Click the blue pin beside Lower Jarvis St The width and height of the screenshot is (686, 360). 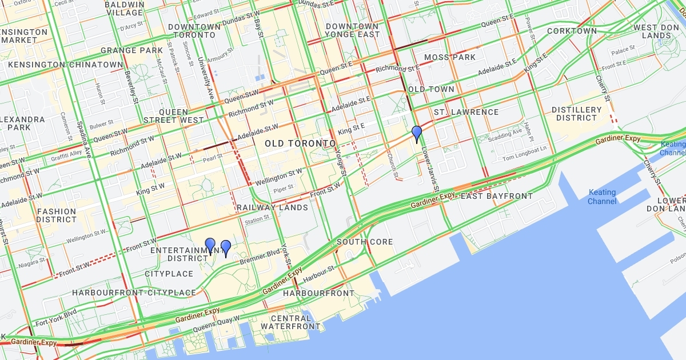click(x=417, y=134)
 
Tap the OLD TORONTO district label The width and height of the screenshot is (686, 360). click(x=300, y=143)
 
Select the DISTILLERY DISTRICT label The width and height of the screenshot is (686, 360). click(x=577, y=114)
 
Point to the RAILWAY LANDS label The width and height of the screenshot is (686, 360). click(x=272, y=207)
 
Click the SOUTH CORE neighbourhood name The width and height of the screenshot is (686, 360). click(x=365, y=242)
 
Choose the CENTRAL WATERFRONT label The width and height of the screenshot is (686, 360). click(x=291, y=322)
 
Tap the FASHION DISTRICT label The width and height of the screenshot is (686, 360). click(x=56, y=215)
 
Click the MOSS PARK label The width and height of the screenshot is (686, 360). click(x=450, y=57)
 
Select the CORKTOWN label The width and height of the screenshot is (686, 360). click(x=572, y=31)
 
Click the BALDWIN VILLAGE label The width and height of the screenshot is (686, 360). click(x=124, y=9)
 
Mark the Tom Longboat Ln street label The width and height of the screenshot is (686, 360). click(x=525, y=149)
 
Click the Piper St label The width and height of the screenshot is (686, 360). click(x=283, y=187)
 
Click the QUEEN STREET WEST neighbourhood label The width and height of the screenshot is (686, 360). click(x=173, y=116)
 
